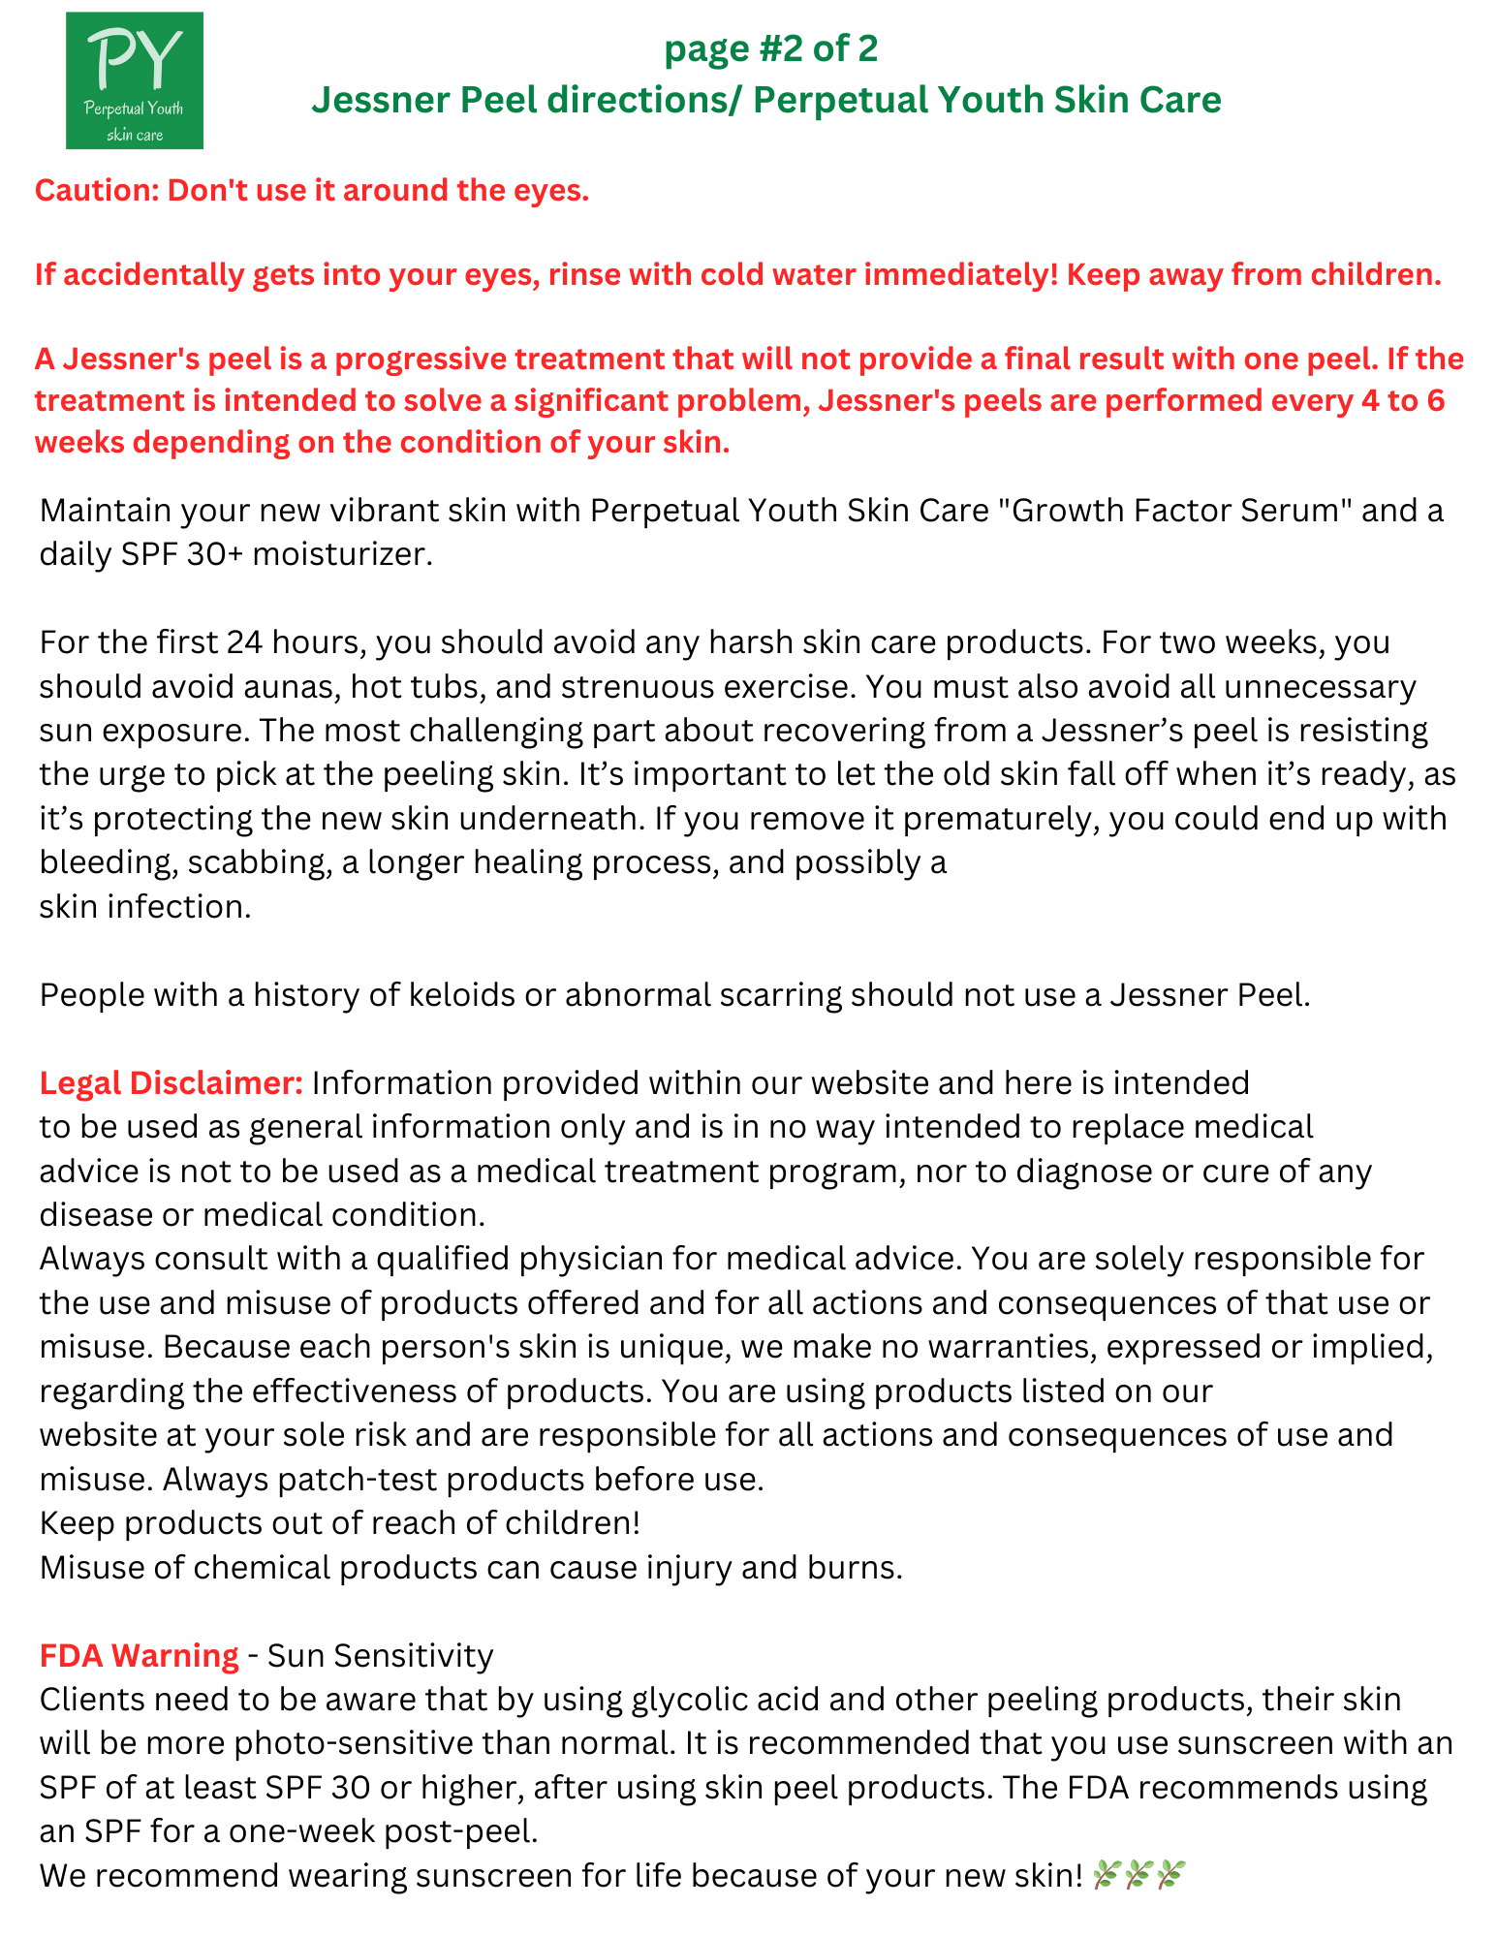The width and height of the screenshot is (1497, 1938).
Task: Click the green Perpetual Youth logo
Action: pyautogui.click(x=135, y=80)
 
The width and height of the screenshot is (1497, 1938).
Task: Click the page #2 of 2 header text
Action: pyautogui.click(x=770, y=48)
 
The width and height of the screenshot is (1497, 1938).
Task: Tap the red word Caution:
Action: pyautogui.click(x=97, y=190)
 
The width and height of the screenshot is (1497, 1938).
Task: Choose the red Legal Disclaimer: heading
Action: pyautogui.click(x=172, y=1083)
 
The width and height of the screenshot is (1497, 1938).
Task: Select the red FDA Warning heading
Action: pyautogui.click(x=139, y=1656)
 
